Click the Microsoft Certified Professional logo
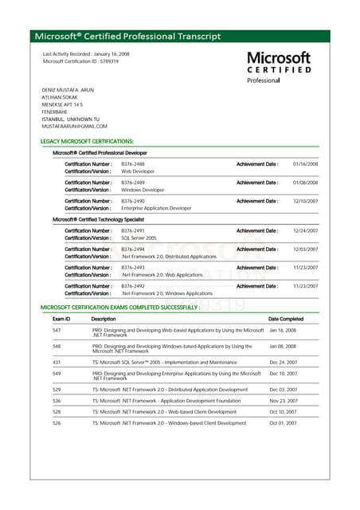click(x=278, y=67)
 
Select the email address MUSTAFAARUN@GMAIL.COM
click(x=74, y=126)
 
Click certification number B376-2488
click(x=132, y=163)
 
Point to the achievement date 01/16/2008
click(x=305, y=163)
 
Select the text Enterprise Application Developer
click(x=156, y=208)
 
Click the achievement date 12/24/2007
click(x=305, y=230)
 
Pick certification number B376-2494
click(x=132, y=249)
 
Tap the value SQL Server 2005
click(x=139, y=237)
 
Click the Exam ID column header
click(x=61, y=319)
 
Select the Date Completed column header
click(x=286, y=319)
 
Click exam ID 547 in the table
click(x=57, y=330)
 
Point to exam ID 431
click(x=57, y=362)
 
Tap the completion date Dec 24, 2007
click(x=283, y=362)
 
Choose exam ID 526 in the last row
click(x=57, y=423)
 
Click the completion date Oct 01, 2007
click(x=283, y=423)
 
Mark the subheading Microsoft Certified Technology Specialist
click(x=98, y=219)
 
